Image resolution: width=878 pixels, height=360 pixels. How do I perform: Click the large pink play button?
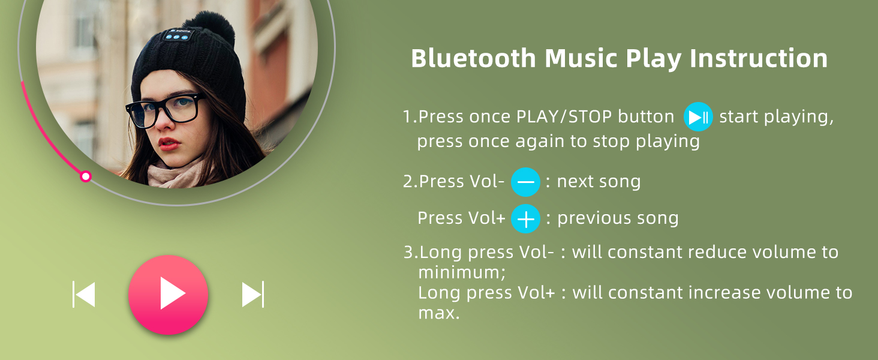[x=168, y=295]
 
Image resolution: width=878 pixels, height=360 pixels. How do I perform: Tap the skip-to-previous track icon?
[x=84, y=294]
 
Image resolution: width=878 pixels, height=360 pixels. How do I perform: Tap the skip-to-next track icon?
[x=253, y=294]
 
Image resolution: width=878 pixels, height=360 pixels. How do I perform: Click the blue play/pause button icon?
[x=698, y=117]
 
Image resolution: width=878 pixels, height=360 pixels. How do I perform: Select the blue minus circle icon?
[x=525, y=182]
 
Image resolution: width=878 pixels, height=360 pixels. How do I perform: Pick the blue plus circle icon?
[x=525, y=219]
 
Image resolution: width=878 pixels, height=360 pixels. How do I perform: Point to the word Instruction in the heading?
[x=759, y=58]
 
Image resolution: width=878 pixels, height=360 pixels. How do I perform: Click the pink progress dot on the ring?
[x=85, y=176]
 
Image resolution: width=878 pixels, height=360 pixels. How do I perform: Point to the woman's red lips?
[x=169, y=144]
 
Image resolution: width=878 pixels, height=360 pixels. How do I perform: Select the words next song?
[x=599, y=182]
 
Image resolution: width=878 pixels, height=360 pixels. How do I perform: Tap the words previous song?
[x=618, y=218]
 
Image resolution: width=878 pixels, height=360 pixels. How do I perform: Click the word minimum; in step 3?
[x=462, y=272]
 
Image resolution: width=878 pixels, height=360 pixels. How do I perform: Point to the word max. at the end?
[x=438, y=313]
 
